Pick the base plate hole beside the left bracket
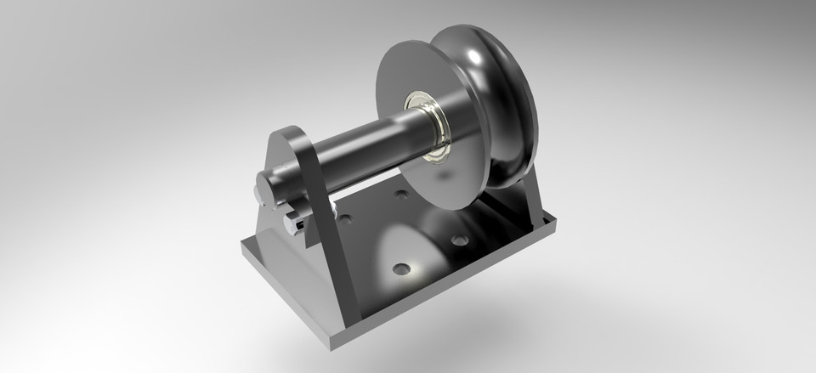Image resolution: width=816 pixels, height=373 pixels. point(344,219)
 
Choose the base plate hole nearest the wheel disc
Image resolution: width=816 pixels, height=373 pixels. point(459,240)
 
